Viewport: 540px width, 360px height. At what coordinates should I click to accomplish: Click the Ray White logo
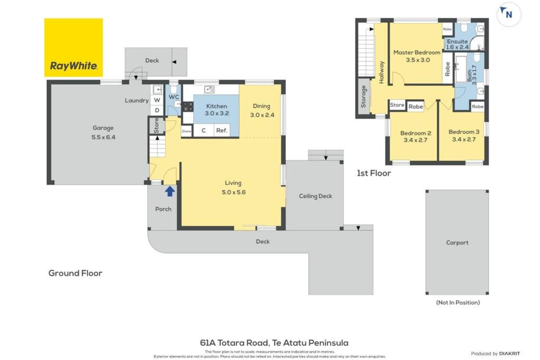coord(73,47)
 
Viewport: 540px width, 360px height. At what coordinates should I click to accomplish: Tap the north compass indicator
coord(509,14)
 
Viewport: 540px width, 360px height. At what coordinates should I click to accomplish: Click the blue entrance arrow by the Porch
coord(170,191)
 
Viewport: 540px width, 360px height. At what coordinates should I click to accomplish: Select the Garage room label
coord(103,128)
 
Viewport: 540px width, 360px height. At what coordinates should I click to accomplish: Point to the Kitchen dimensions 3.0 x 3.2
coord(217,113)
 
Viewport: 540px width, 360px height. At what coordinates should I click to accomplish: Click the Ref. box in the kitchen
coord(222,130)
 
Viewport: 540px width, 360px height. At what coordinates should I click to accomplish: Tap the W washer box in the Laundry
coord(157,100)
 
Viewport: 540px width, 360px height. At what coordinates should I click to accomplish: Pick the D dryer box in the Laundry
coord(157,110)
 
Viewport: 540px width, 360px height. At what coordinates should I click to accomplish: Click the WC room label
coord(173,97)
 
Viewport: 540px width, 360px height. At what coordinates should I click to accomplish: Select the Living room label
coord(233,183)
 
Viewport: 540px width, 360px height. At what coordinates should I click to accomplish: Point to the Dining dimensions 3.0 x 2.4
coord(262,115)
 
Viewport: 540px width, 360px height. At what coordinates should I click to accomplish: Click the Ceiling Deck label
coord(315,196)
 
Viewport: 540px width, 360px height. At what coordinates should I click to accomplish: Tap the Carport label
coord(457,242)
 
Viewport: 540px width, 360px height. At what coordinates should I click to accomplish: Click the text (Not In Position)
coord(458,303)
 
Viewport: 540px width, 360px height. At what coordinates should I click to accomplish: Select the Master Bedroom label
coord(417,52)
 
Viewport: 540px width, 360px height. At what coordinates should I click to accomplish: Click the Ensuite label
coord(457,41)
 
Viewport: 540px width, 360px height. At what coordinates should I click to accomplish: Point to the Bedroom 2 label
coord(416,133)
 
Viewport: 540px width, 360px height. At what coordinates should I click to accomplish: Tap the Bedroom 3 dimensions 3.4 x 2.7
coord(464,139)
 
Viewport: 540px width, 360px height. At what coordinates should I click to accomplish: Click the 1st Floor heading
coord(374,173)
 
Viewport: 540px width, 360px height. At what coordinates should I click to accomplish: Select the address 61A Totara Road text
coord(234,343)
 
